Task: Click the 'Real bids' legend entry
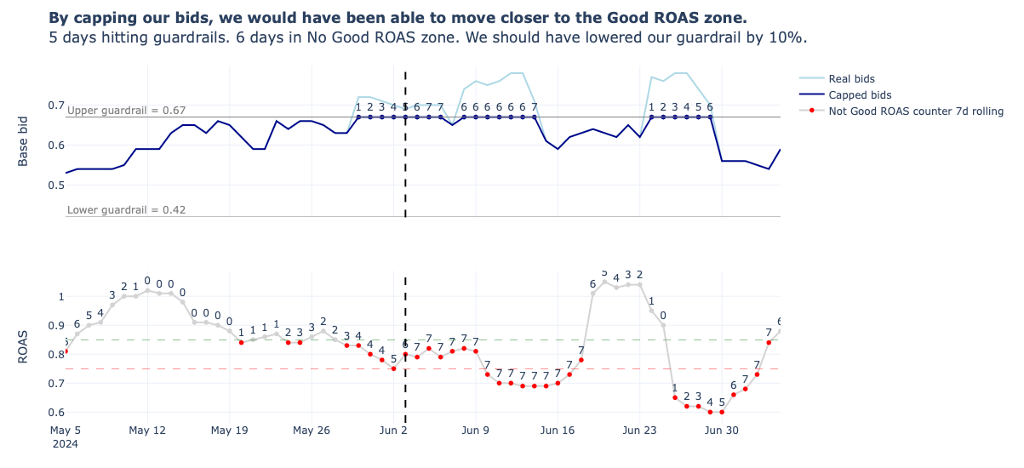pos(851,79)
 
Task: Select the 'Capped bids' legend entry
pos(860,95)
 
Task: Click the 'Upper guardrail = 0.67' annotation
pos(126,111)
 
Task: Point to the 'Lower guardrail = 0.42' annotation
pos(126,210)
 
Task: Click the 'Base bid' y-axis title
pos(24,140)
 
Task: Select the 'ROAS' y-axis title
pos(24,346)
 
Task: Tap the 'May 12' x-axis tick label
pos(147,431)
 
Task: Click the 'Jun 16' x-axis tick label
pos(558,431)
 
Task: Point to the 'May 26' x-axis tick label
pos(312,431)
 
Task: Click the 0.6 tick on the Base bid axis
pos(56,146)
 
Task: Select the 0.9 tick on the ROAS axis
pos(56,326)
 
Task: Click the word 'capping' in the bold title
pos(104,18)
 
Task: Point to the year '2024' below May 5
pos(65,443)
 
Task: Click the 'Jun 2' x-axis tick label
pos(393,431)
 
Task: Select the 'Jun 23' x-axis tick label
pos(639,431)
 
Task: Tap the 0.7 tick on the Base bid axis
pos(56,106)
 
